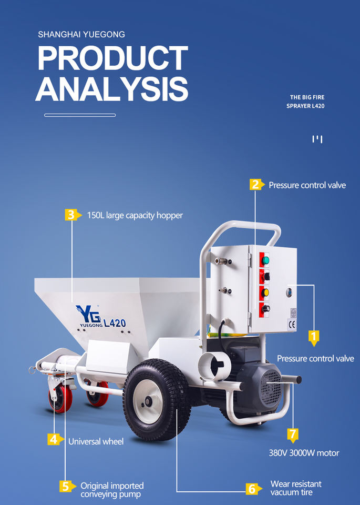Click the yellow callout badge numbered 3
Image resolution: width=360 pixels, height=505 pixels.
pyautogui.click(x=70, y=215)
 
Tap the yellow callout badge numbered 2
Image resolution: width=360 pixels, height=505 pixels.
pyautogui.click(x=255, y=185)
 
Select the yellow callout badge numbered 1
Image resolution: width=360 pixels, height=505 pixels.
pyautogui.click(x=313, y=336)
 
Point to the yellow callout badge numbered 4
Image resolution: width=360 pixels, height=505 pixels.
pyautogui.click(x=54, y=439)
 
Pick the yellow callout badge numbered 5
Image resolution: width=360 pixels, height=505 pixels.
pyautogui.click(x=65, y=486)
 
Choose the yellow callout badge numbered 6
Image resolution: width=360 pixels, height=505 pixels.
pyautogui.click(x=252, y=489)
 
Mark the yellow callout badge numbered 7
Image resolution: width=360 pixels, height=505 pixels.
pyautogui.click(x=293, y=435)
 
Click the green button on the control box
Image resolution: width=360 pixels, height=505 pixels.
pyautogui.click(x=266, y=260)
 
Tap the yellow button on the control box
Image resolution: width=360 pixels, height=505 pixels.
pyautogui.click(x=266, y=291)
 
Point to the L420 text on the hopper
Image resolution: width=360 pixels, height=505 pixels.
pyautogui.click(x=115, y=323)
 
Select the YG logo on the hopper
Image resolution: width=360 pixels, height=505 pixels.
pyautogui.click(x=85, y=311)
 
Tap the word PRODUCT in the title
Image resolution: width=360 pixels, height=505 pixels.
pyautogui.click(x=112, y=58)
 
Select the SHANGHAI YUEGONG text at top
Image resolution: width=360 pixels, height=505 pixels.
pyautogui.click(x=81, y=35)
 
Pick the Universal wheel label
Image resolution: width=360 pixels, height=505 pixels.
pyautogui.click(x=96, y=441)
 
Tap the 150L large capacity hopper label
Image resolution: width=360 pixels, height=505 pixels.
pyautogui.click(x=135, y=215)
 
